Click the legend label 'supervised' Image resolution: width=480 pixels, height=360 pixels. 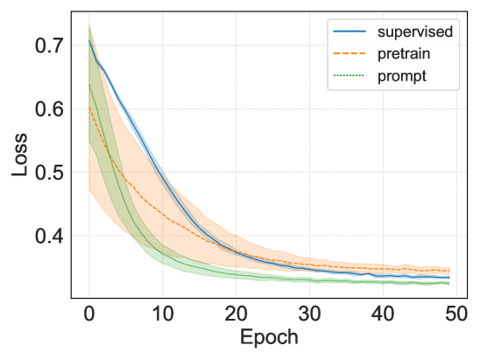point(415,33)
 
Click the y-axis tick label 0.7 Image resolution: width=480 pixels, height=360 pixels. point(47,45)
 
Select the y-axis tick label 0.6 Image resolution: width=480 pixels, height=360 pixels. point(47,109)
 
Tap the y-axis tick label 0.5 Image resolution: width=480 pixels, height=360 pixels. point(47,173)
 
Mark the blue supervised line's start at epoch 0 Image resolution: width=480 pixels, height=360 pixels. point(88,40)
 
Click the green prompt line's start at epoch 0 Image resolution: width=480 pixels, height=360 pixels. point(88,84)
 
